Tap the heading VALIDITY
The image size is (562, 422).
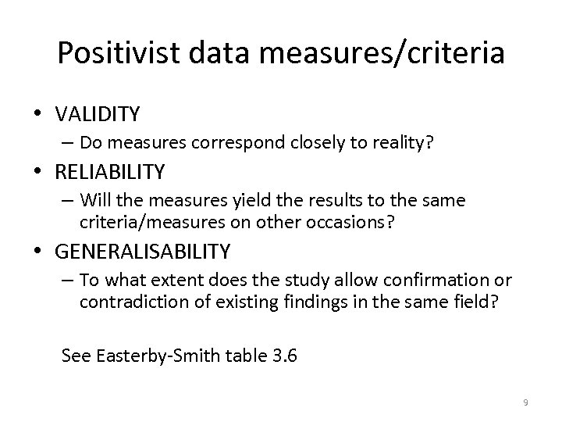[x=98, y=114]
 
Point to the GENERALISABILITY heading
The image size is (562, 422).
[x=143, y=252]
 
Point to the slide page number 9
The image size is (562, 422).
[x=525, y=402]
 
